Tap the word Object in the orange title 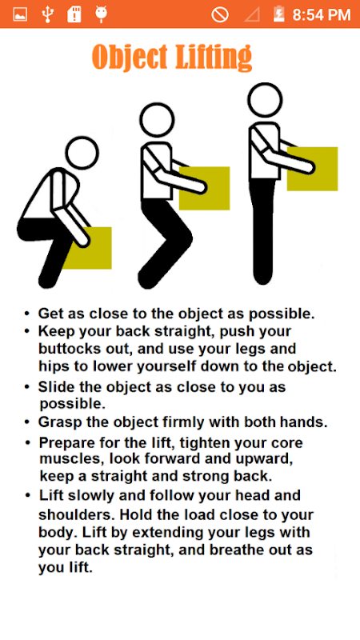click(x=130, y=57)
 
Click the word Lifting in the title click(x=214, y=57)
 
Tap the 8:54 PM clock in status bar click(x=322, y=15)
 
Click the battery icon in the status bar click(x=278, y=14)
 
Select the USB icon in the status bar click(x=48, y=14)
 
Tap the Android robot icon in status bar click(x=101, y=14)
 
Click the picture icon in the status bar click(x=20, y=14)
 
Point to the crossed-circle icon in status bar click(x=219, y=14)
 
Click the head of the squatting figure click(x=82, y=153)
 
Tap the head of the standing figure click(x=265, y=100)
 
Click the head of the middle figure click(x=157, y=120)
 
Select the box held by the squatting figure click(x=91, y=248)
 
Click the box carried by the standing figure click(x=312, y=169)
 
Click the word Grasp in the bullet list click(x=61, y=423)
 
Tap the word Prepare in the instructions click(x=66, y=443)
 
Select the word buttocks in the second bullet click(x=66, y=350)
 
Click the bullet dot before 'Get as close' click(x=27, y=314)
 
